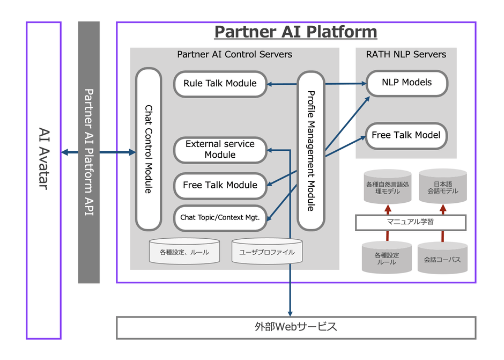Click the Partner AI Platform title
(295, 32)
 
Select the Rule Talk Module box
(220, 84)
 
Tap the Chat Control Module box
(149, 149)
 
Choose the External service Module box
(220, 150)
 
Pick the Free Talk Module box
(220, 186)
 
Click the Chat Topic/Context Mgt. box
(220, 218)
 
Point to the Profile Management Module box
(311, 150)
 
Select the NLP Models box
(406, 83)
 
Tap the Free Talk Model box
(406, 135)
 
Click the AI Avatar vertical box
(43, 180)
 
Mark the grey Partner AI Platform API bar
(89, 152)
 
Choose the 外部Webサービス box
(296, 327)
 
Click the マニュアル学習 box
(410, 222)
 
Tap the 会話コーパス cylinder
(442, 259)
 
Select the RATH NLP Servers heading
(406, 54)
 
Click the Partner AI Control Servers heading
(234, 54)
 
